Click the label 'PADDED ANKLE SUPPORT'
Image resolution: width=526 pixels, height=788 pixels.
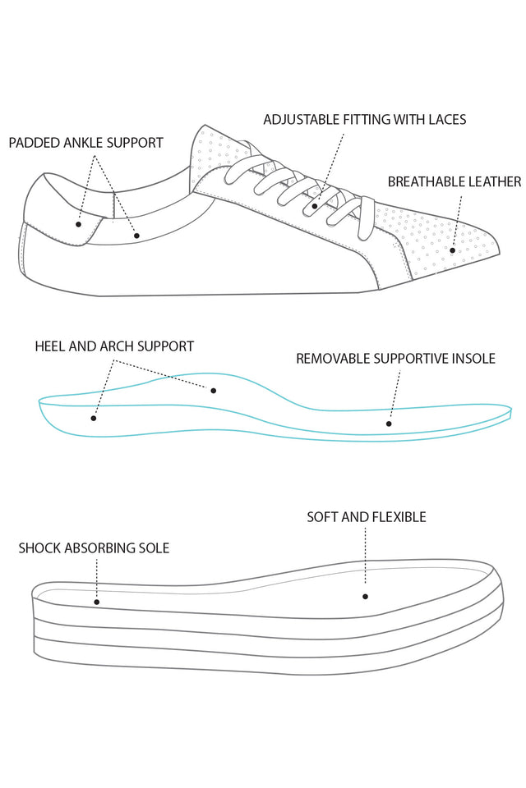(x=85, y=143)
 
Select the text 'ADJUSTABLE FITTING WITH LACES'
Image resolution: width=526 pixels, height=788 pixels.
(x=364, y=119)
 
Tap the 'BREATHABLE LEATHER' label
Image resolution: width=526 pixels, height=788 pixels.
(x=454, y=181)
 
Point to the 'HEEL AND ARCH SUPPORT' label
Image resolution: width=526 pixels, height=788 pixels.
(x=114, y=346)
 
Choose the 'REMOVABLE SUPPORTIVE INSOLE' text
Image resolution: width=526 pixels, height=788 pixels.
(x=395, y=359)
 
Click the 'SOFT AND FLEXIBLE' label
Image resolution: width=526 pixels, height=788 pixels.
(x=366, y=517)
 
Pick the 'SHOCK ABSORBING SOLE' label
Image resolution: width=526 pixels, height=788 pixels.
(x=94, y=547)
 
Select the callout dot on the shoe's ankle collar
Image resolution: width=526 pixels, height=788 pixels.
(x=137, y=236)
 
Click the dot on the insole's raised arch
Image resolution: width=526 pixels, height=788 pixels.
(x=214, y=390)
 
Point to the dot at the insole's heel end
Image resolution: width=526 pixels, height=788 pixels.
(x=94, y=418)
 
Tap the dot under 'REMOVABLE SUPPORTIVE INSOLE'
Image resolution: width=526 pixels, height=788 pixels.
(x=390, y=424)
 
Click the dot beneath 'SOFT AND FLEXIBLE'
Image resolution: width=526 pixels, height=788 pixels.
(x=365, y=597)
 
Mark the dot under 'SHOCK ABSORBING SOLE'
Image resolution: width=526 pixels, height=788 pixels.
(x=97, y=602)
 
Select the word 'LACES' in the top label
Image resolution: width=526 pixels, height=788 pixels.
(x=446, y=119)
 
